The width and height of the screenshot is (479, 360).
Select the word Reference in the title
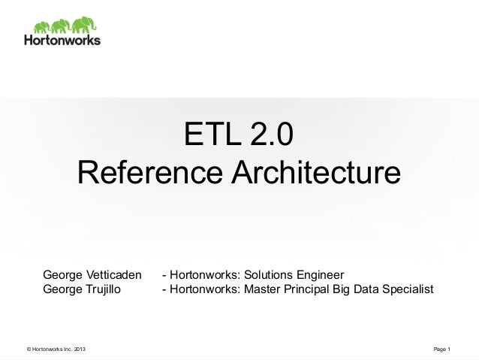[146, 173]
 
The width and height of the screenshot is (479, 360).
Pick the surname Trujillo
[104, 289]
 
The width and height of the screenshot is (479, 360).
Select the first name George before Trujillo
[62, 289]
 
